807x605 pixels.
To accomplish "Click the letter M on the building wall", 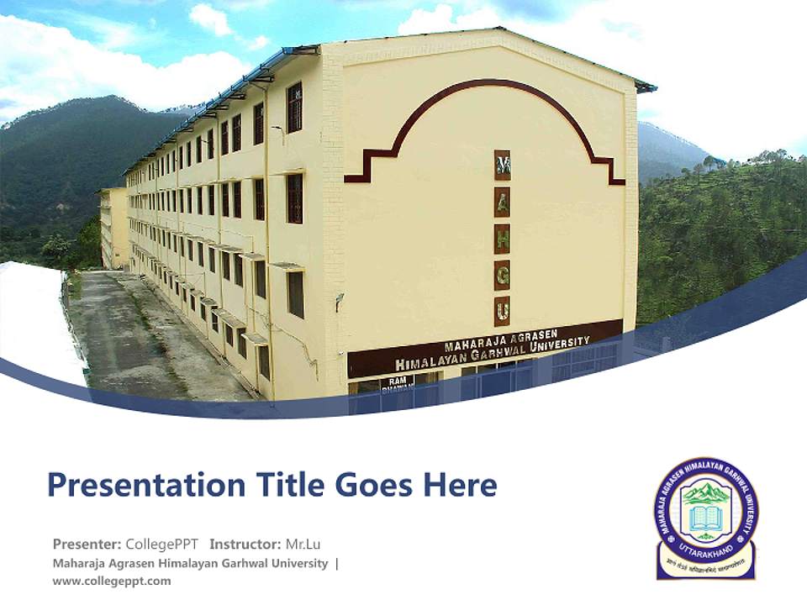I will (502, 165).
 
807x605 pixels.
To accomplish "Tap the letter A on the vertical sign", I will (502, 203).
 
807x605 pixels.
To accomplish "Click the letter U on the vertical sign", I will (502, 311).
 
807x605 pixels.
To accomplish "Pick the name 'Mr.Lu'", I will (303, 544).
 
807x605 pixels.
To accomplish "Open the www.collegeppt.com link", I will (111, 581).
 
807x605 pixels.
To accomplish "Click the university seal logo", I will (706, 518).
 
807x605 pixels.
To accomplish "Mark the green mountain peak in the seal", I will (704, 492).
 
